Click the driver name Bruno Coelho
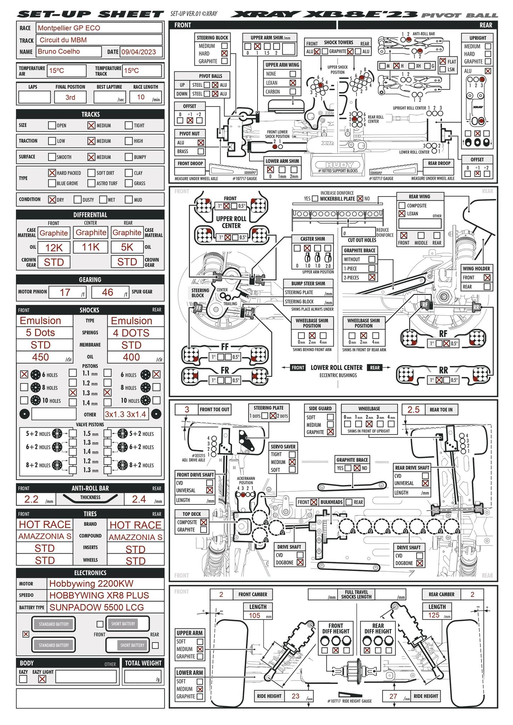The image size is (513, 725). (59, 51)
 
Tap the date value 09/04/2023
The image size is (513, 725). (139, 52)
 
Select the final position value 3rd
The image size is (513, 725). (70, 97)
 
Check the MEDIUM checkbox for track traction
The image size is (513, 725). (91, 141)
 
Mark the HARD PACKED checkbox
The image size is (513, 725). (52, 173)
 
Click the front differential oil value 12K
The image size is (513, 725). (54, 247)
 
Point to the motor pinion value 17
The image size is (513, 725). (65, 292)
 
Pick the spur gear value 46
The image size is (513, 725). (107, 292)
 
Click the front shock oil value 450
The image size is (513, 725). (41, 357)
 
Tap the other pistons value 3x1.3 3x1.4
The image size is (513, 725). (125, 414)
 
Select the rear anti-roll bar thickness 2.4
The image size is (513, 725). (139, 499)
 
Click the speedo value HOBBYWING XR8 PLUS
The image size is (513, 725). (99, 595)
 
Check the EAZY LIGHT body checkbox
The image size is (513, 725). (42, 679)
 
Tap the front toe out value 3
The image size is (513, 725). (187, 410)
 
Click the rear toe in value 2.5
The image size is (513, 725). (413, 410)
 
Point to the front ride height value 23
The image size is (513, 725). (295, 696)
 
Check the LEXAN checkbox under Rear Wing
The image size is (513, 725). (402, 213)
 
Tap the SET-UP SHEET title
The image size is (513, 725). (90, 14)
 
